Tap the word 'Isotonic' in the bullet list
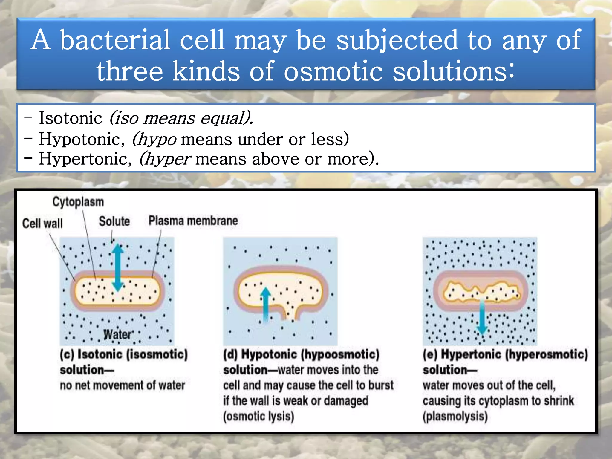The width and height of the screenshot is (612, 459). click(x=71, y=118)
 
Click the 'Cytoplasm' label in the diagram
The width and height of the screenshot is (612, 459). click(x=78, y=202)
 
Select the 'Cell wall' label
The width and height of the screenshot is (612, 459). click(x=42, y=224)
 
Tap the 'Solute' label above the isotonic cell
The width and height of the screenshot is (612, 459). click(x=114, y=221)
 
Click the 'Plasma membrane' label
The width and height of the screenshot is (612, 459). click(x=193, y=221)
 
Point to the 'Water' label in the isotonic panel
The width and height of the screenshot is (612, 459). click(x=117, y=334)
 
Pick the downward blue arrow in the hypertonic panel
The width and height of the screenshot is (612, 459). click(x=482, y=317)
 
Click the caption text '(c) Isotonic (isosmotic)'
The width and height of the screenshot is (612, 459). click(x=124, y=354)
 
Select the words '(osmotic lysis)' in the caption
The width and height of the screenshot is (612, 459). click(x=258, y=416)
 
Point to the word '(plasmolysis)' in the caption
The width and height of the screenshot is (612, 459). click(x=455, y=416)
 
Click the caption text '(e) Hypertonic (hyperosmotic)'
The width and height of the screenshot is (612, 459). click(x=505, y=354)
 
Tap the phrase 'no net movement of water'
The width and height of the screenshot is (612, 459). click(x=123, y=385)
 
